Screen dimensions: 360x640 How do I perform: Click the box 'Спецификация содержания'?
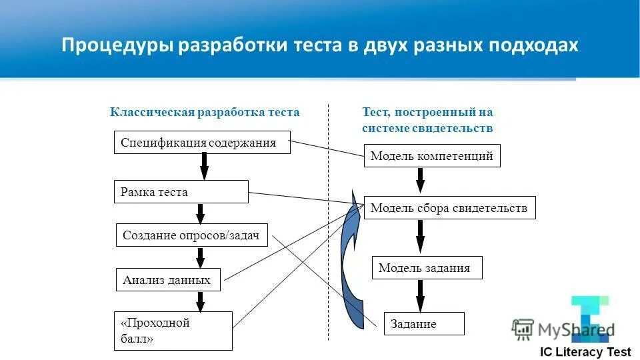[x=202, y=143]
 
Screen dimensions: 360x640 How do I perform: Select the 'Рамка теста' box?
[x=181, y=192]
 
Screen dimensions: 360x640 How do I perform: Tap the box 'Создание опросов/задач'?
[x=192, y=235]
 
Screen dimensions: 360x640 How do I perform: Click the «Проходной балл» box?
[x=173, y=331]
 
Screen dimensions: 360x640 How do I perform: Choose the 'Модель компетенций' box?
[x=431, y=156]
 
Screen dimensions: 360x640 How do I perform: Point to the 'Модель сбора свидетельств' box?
[x=449, y=208]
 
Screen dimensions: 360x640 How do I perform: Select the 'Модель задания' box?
[x=427, y=268]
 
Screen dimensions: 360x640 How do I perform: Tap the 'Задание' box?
[x=423, y=324]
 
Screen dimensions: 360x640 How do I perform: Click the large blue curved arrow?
[x=348, y=267]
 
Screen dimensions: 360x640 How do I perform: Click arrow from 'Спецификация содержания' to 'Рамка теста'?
[x=204, y=166]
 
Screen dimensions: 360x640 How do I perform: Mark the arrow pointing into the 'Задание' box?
[x=420, y=294]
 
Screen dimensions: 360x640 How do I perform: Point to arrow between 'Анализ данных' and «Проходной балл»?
[x=200, y=301]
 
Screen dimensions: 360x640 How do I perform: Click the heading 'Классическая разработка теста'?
[x=205, y=112]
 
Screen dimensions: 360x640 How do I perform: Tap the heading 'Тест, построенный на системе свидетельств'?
[x=427, y=120]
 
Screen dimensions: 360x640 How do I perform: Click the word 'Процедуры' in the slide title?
[x=118, y=45]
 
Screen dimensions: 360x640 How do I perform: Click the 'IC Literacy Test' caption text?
[x=585, y=352]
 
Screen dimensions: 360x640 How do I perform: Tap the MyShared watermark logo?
[x=563, y=329]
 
